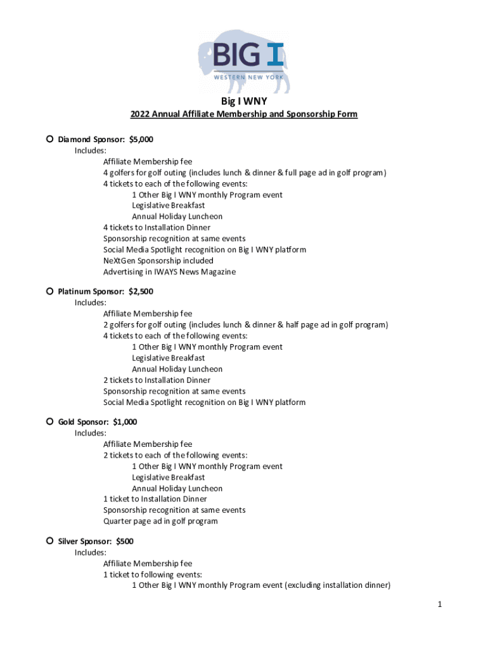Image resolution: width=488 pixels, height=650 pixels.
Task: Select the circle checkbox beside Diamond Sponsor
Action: coord(49,139)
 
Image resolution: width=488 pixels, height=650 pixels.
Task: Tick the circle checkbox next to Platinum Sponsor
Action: coord(49,291)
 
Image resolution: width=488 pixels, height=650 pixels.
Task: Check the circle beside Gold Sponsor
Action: coord(49,421)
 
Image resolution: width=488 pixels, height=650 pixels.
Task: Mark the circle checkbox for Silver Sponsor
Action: coord(49,541)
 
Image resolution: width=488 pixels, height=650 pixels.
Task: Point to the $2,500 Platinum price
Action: coord(141,292)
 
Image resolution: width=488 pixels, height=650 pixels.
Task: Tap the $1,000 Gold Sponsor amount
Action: coord(125,422)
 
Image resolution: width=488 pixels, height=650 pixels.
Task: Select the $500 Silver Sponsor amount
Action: coord(125,541)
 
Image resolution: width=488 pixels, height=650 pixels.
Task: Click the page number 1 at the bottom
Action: coord(439,605)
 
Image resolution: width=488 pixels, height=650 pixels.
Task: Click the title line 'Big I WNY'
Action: coord(244,100)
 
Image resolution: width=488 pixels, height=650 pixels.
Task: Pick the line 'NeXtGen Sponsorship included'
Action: coord(158,261)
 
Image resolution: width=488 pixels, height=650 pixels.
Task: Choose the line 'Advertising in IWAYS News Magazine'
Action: coord(169,272)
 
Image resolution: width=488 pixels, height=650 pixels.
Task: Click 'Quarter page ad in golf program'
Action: coord(160,521)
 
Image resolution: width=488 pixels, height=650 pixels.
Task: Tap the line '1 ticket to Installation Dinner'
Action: coord(155,499)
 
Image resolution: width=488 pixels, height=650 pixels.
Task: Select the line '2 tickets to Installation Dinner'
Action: coord(157,380)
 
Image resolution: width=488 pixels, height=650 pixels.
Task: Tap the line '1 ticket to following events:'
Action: coord(153,574)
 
